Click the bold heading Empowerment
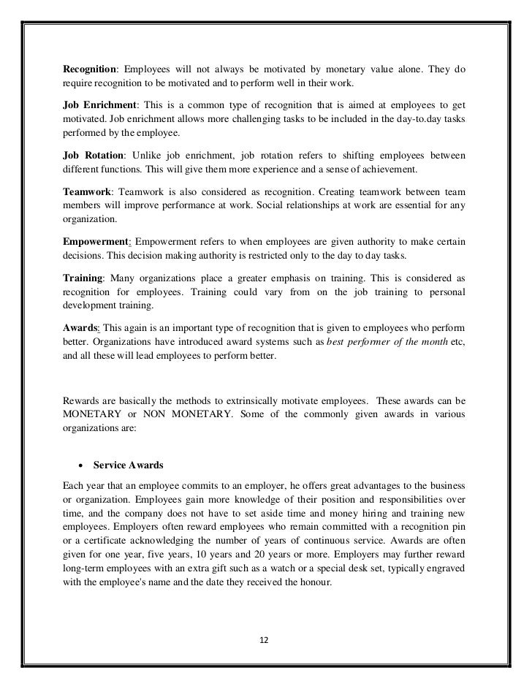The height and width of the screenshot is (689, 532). tap(95, 241)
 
